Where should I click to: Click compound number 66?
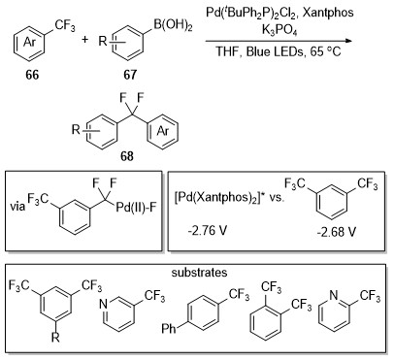tap(32, 75)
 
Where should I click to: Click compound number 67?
tap(130, 75)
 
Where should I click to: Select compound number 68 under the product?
tap(127, 156)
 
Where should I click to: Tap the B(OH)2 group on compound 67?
tap(173, 25)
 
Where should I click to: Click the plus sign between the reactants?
tap(84, 40)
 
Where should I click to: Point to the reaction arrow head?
tap(348, 41)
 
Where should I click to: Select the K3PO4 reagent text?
tap(279, 30)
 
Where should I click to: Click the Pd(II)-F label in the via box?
tap(136, 207)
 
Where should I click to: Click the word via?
tap(17, 206)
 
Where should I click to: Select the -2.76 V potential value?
tap(207, 230)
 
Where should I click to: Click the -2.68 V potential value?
tap(337, 231)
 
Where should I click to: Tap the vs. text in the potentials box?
tap(277, 197)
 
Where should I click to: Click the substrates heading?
tap(199, 273)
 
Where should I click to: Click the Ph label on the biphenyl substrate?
tap(169, 329)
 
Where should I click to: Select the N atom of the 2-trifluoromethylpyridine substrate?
tap(334, 295)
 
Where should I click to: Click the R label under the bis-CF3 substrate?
tap(55, 338)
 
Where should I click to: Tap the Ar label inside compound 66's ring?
tap(29, 42)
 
